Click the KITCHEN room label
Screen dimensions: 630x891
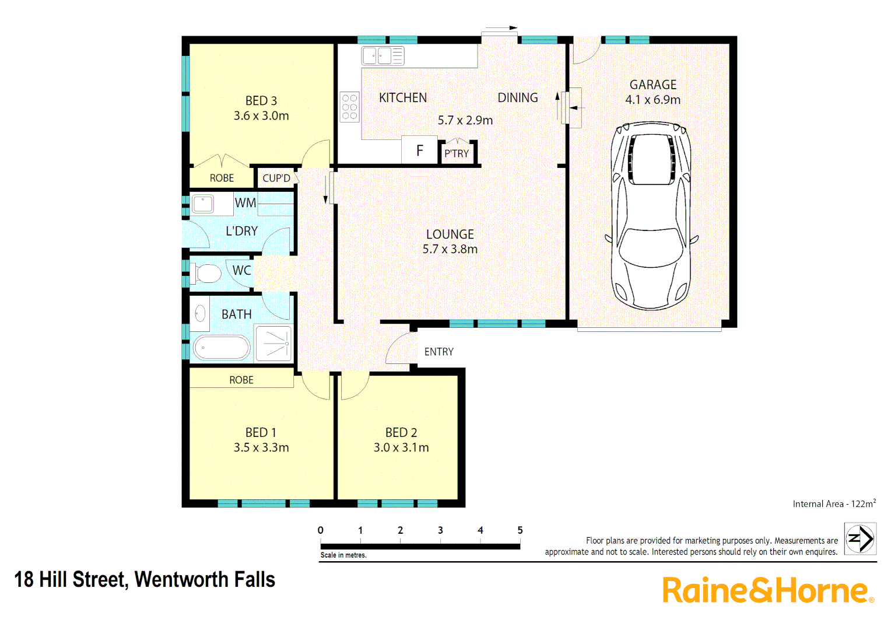403,98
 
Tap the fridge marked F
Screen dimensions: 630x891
419,151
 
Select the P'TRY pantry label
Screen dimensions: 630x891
457,153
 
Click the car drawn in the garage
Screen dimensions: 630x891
651,215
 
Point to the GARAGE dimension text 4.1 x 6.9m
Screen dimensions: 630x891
653,100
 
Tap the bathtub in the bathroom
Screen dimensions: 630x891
221,348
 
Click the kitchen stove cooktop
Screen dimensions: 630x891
350,107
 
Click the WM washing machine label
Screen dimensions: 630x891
245,203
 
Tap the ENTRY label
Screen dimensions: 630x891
439,352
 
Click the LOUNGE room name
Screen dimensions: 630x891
450,235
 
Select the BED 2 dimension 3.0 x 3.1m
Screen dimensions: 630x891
401,447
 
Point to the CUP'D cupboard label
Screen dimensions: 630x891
276,178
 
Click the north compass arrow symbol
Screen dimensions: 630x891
860,538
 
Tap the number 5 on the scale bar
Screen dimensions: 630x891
520,530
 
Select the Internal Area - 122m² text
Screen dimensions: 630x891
834,504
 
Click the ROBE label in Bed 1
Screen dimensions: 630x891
241,380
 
